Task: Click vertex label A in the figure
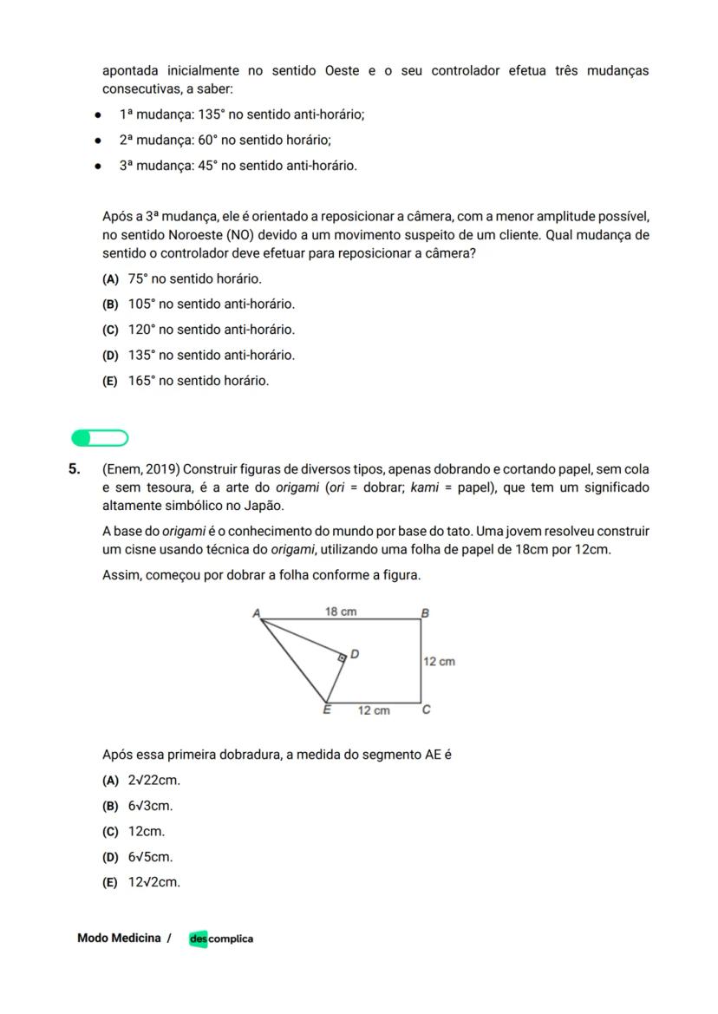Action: tap(257, 612)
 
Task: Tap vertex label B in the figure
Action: tap(425, 612)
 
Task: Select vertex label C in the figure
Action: tap(426, 710)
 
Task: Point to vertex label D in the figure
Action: tap(355, 653)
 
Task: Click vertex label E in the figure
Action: tap(327, 710)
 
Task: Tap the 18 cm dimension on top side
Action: tap(341, 612)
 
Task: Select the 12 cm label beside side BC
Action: tap(439, 661)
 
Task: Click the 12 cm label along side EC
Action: tap(374, 710)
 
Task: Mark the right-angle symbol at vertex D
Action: tap(342, 658)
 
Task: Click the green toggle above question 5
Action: tap(100, 437)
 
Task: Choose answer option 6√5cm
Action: tap(150, 857)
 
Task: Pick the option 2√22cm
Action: tap(153, 780)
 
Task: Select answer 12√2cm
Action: tap(153, 882)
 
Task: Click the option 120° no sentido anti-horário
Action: tap(211, 330)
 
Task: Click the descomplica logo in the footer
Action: tap(222, 939)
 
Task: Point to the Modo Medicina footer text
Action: tap(119, 938)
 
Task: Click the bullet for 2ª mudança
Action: tap(100, 140)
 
